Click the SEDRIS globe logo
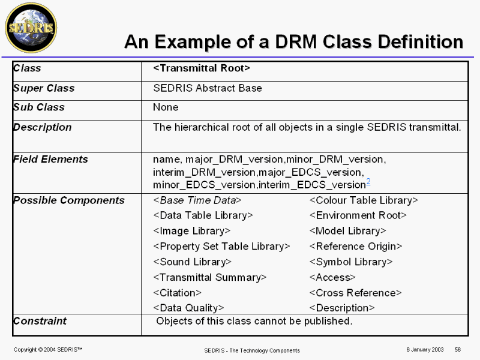pyautogui.click(x=31, y=28)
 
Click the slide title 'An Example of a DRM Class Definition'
pyautogui.click(x=293, y=41)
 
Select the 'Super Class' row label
pyautogui.click(x=44, y=88)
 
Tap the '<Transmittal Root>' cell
pyautogui.click(x=202, y=68)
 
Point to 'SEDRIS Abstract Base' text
pyautogui.click(x=208, y=88)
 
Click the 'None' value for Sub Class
pyautogui.click(x=166, y=107)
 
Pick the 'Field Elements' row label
pyautogui.click(x=50, y=159)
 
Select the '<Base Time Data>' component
pyautogui.click(x=197, y=200)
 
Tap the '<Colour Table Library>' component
pyautogui.click(x=363, y=200)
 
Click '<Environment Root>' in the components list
pyautogui.click(x=358, y=215)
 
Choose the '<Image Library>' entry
pyautogui.click(x=192, y=231)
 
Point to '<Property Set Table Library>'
pyautogui.click(x=221, y=247)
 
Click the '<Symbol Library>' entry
pyautogui.click(x=350, y=262)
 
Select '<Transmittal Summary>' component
pyautogui.click(x=210, y=278)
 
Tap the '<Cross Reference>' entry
pyautogui.click(x=355, y=293)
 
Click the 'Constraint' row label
pyautogui.click(x=40, y=321)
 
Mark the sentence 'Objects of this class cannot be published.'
pyautogui.click(x=254, y=321)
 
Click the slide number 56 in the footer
pyautogui.click(x=458, y=349)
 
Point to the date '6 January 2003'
pyautogui.click(x=424, y=349)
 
